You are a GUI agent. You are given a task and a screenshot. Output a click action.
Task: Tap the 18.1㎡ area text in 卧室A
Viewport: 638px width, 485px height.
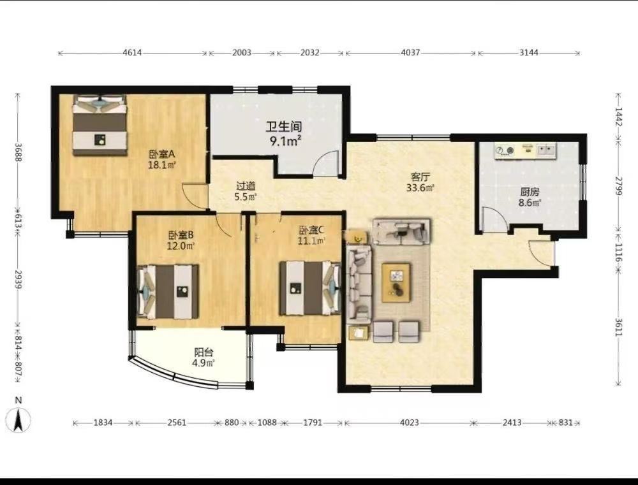pos(161,165)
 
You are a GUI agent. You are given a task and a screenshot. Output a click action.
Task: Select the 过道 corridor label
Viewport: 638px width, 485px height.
pos(246,186)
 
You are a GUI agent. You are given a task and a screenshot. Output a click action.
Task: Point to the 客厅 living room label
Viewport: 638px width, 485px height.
pos(420,177)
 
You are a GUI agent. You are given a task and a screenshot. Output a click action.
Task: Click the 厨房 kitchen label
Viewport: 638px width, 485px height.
pos(530,191)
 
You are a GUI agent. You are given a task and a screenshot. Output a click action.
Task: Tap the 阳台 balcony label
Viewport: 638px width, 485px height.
pos(203,352)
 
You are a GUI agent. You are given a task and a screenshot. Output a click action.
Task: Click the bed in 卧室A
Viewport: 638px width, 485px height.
pos(100,125)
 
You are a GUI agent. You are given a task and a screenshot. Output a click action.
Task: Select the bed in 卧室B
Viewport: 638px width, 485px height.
pos(168,291)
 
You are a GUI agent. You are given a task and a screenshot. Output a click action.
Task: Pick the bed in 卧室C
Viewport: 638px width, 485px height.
pos(310,288)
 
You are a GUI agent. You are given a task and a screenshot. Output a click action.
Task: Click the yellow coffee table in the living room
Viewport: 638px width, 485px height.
pos(396,282)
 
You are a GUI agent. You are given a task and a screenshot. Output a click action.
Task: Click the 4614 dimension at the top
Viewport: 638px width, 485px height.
pos(132,52)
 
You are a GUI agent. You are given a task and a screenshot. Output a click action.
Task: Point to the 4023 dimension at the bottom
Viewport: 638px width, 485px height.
pos(410,423)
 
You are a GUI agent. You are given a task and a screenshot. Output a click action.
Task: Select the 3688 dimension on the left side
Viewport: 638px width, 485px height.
pos(18,152)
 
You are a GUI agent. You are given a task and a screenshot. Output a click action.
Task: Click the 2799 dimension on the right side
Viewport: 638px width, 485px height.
pos(618,185)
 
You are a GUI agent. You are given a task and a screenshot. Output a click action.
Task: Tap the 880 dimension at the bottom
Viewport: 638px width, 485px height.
pos(232,423)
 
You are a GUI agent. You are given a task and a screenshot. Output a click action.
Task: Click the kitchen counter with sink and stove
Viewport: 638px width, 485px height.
pos(525,151)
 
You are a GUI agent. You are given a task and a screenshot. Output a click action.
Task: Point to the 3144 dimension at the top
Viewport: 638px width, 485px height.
pos(529,52)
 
